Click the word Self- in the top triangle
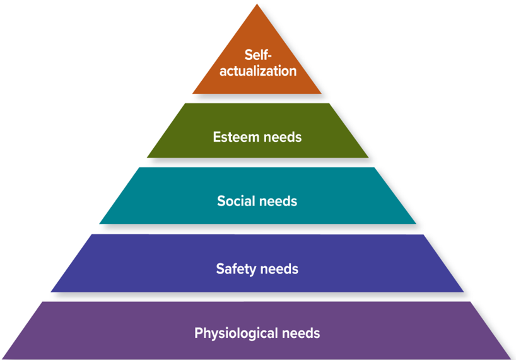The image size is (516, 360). pos(257,55)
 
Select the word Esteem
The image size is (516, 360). pos(235,137)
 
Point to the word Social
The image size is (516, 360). pos(235,202)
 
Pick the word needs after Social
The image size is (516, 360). pos(278,202)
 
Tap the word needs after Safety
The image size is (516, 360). pos(278,269)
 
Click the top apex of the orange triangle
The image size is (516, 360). pos(257,4)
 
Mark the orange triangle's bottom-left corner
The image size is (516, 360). pos(193,94)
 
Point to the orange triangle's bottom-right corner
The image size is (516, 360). pos(322,94)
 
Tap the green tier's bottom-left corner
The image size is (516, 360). pos(147,158)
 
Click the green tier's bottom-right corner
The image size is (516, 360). pos(368,158)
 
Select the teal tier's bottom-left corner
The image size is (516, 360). pos(100,224)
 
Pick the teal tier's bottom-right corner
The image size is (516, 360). pos(416,224)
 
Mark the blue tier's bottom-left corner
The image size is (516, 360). pos(52,292)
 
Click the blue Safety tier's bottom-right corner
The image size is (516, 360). pos(464,292)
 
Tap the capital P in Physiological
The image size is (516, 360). pos(198,332)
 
